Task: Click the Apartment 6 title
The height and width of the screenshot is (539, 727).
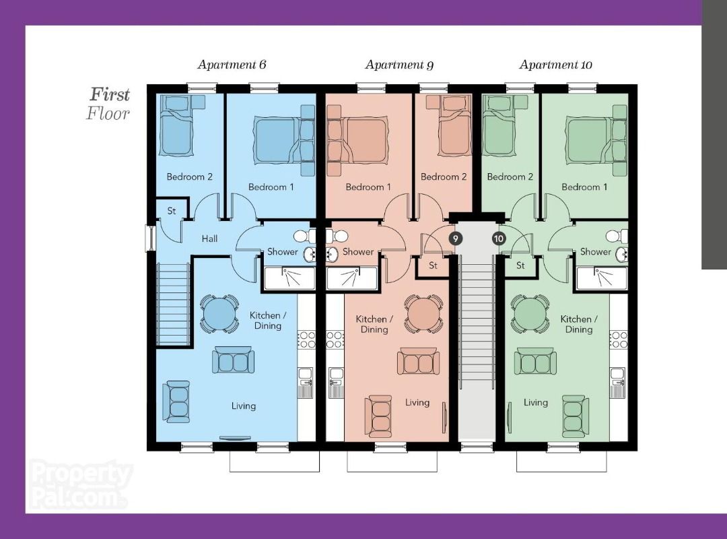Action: [x=232, y=65]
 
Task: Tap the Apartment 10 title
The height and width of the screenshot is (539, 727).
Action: [x=555, y=65]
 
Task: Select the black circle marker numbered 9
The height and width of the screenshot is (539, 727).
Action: [x=455, y=239]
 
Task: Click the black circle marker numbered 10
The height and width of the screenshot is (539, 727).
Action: [x=498, y=239]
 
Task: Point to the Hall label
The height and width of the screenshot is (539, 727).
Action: [x=209, y=239]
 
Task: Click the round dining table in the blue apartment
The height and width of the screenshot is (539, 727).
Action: [x=219, y=313]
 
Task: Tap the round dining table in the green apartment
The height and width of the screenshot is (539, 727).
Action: [x=530, y=313]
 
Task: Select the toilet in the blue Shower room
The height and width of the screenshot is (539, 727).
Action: [x=305, y=236]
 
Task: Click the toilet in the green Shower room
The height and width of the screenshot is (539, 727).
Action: [x=617, y=236]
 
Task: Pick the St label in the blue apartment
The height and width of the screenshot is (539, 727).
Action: [x=172, y=211]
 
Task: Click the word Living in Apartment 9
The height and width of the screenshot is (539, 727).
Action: [x=417, y=402]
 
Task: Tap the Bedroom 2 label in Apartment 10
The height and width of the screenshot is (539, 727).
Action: [x=510, y=177]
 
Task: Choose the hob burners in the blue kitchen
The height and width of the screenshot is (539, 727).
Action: [x=306, y=340]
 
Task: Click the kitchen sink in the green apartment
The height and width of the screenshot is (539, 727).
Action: [x=617, y=377]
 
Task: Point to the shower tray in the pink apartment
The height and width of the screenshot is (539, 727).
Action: [x=352, y=278]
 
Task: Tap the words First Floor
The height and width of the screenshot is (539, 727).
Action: [x=108, y=104]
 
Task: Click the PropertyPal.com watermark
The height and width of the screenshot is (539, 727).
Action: [x=79, y=484]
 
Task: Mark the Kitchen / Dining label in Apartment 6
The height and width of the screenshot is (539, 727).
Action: [x=268, y=320]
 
